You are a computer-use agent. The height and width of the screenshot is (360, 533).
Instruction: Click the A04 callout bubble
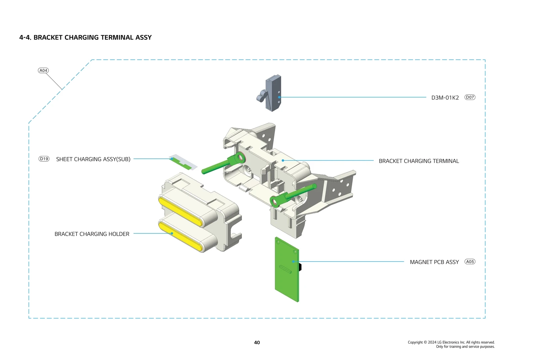point(43,70)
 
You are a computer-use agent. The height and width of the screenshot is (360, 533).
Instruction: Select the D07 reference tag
point(470,97)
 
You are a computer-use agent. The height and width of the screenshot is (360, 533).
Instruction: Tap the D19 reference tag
point(44,159)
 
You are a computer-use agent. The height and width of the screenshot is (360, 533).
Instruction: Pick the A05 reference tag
point(470,262)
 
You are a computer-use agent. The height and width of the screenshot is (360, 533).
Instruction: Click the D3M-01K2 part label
point(445,98)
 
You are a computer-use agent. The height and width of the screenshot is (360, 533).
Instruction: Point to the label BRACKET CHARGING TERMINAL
point(419,161)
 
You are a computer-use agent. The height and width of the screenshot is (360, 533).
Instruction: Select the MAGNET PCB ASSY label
point(434,262)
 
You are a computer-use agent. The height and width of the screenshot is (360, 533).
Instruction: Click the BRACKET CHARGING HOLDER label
point(92,234)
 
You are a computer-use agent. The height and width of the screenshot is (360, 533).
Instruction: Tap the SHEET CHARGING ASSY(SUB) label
point(93,159)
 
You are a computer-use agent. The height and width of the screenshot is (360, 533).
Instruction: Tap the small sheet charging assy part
point(183,162)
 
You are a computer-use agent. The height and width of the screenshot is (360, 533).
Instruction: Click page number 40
point(257,342)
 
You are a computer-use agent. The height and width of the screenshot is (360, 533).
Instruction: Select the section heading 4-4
point(85,37)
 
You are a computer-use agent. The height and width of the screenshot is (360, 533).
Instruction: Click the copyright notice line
point(451,342)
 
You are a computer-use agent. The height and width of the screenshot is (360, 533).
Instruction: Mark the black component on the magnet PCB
point(300,267)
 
